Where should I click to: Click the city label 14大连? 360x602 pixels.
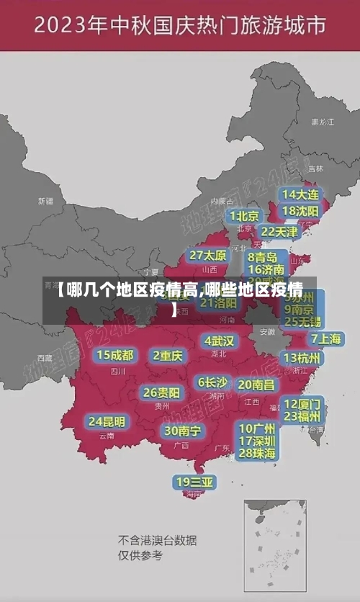301,194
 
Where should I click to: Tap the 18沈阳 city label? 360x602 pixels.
301,210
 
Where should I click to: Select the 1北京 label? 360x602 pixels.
245,216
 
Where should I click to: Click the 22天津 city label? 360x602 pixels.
279,231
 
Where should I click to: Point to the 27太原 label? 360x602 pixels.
208,255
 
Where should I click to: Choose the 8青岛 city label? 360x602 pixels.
264,256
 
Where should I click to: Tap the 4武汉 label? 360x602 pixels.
220,340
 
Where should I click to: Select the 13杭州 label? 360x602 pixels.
302,358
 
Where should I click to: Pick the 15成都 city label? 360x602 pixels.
115,354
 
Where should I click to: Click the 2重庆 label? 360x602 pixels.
168,355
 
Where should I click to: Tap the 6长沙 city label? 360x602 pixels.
212,382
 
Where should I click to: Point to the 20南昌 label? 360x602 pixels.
256,385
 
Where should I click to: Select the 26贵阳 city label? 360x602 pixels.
161,392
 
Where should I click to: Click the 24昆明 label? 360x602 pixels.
107,421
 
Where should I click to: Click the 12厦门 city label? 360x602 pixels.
302,403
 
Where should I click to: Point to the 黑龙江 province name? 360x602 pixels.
322,122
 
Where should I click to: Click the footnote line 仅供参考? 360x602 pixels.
140,555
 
